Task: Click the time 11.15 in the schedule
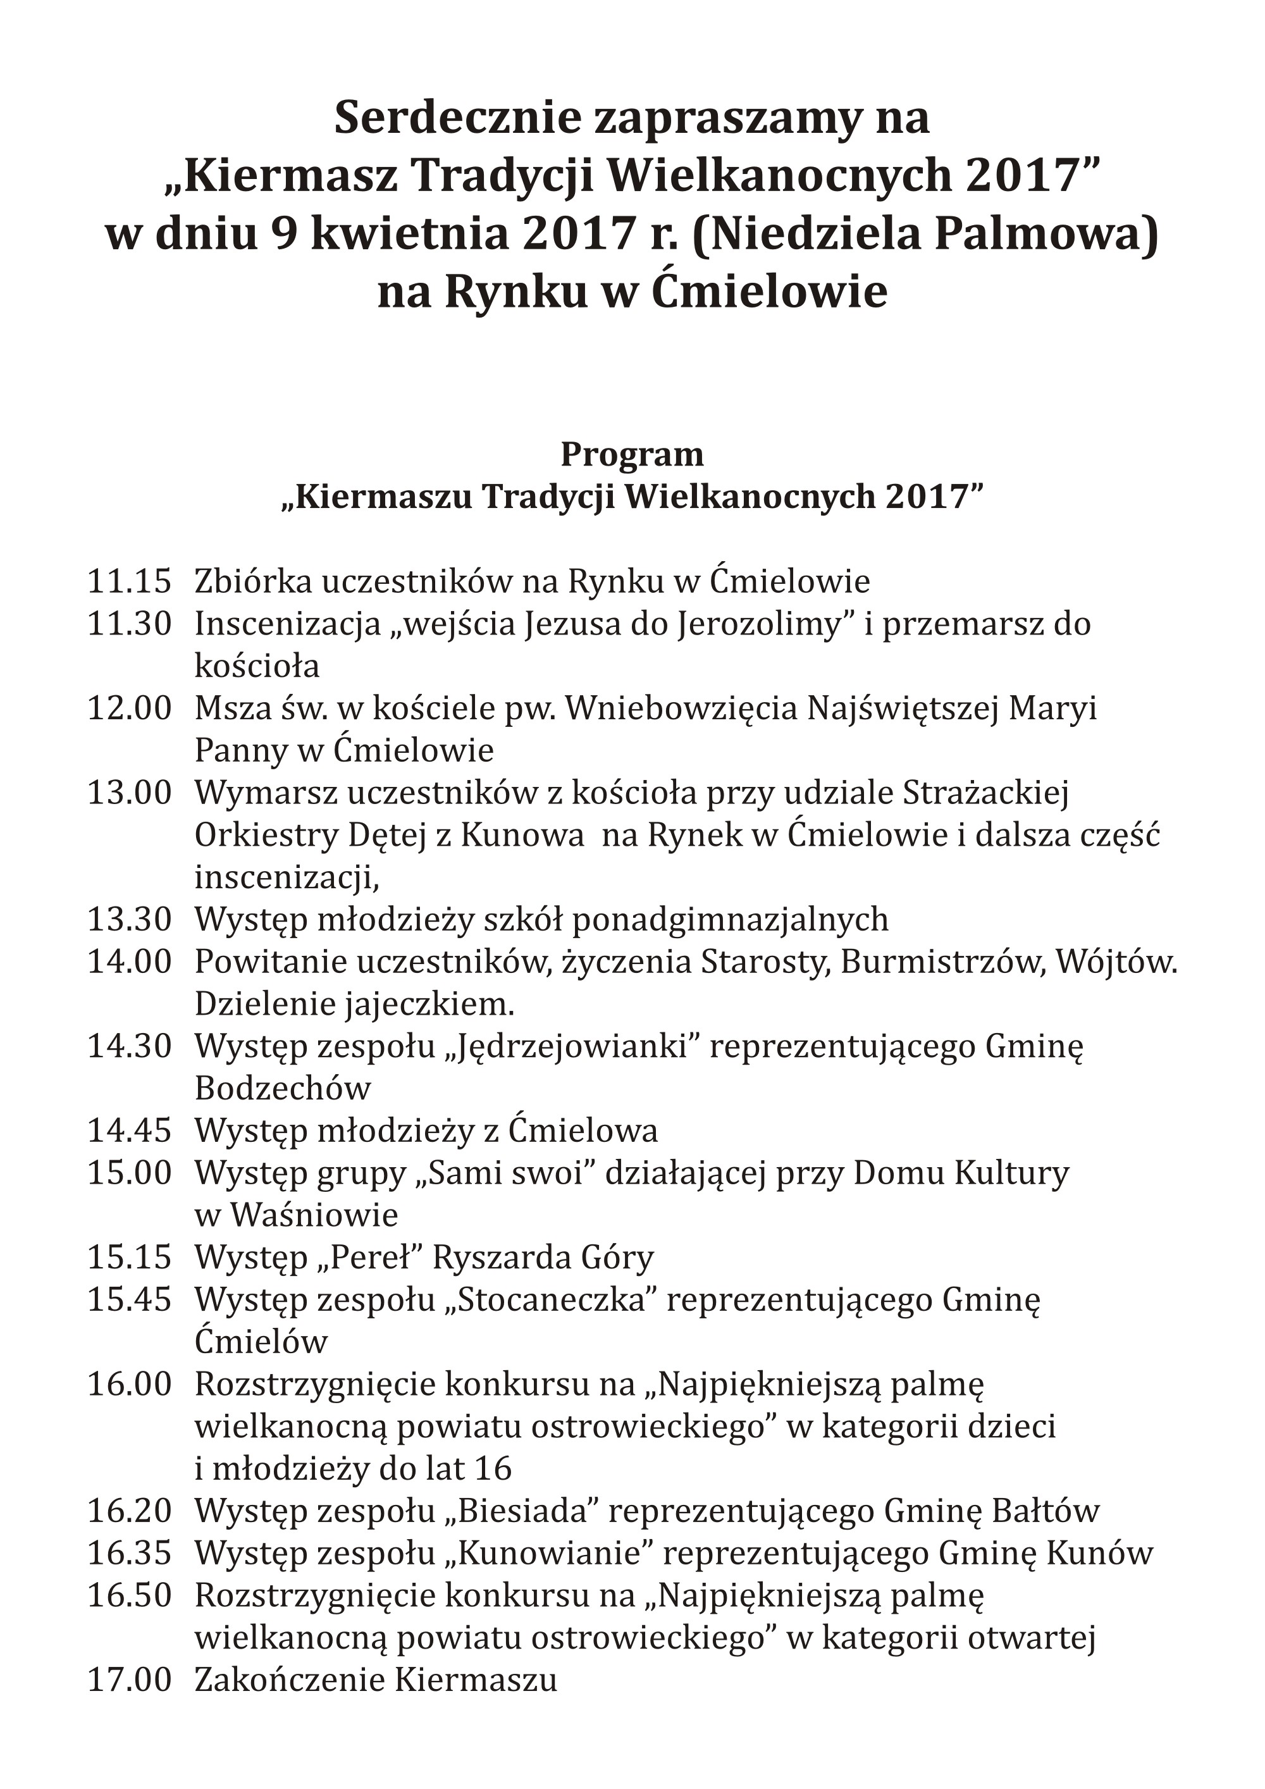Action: pos(128,581)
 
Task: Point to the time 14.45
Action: pos(128,1130)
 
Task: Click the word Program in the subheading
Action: pos(632,454)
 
